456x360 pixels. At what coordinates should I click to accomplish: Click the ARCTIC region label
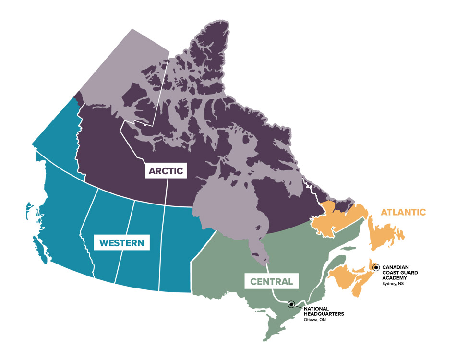tap(166, 170)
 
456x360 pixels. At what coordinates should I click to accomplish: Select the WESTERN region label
tap(121, 243)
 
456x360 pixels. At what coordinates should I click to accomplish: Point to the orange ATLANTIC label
tap(403, 212)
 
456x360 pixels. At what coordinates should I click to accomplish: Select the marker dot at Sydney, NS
tap(376, 267)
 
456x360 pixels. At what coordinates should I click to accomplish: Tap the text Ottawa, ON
tap(314, 320)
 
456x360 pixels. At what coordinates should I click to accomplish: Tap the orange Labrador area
tap(336, 218)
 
